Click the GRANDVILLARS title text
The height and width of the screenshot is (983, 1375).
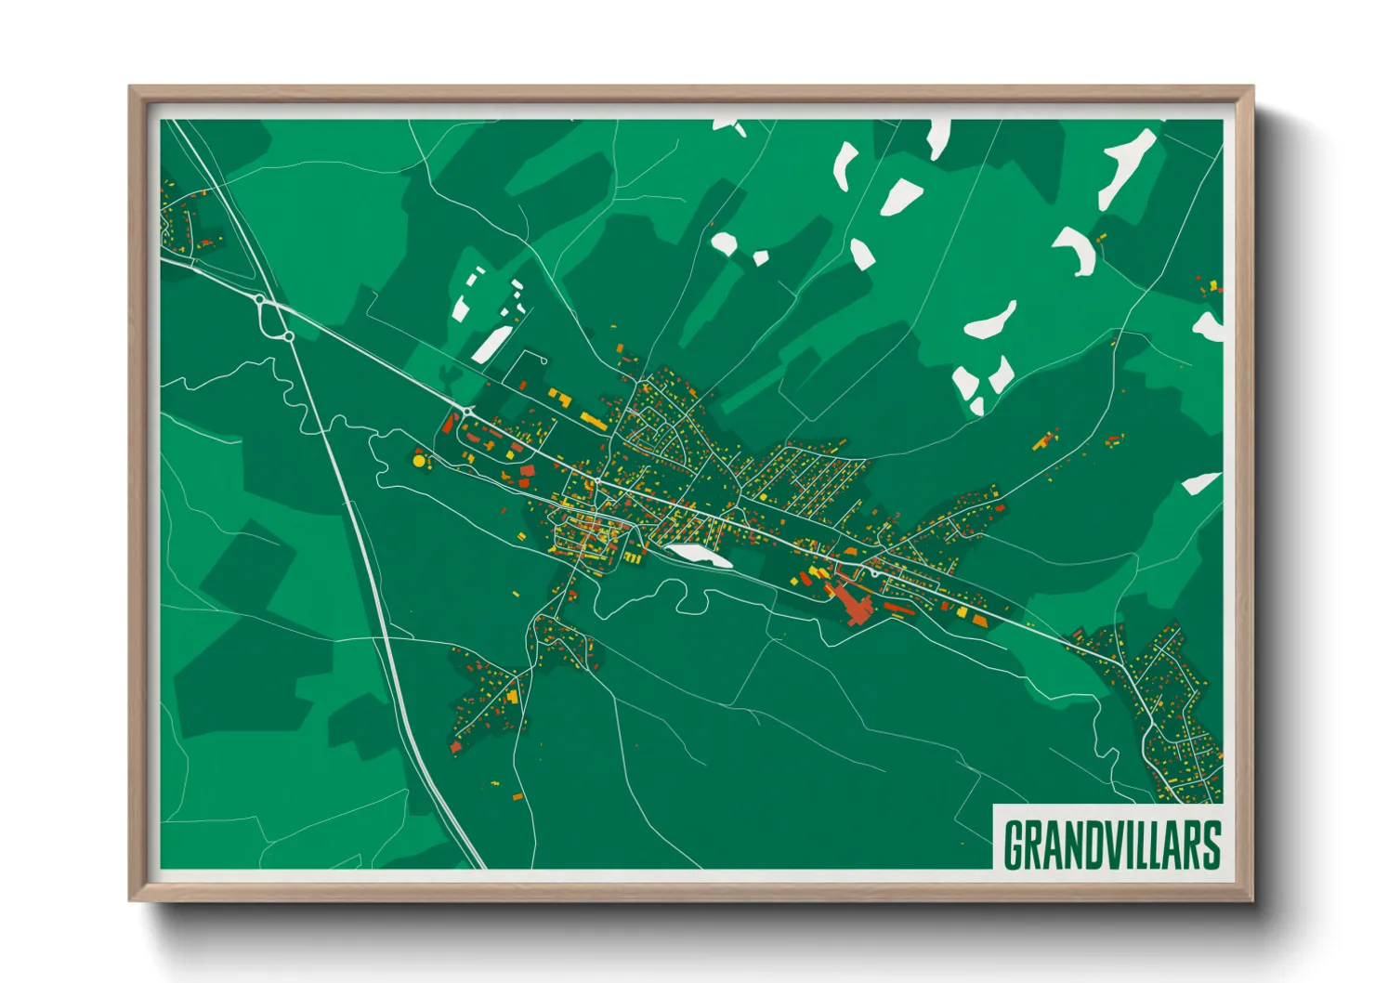(x=1111, y=844)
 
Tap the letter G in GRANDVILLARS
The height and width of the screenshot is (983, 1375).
(x=1014, y=844)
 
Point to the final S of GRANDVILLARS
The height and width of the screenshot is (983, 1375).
(x=1211, y=844)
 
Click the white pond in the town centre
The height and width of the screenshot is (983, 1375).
(x=698, y=555)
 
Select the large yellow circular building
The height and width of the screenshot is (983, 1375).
(x=419, y=459)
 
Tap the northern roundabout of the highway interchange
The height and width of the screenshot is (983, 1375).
(x=260, y=299)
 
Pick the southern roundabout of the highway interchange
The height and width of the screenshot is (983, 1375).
(x=290, y=336)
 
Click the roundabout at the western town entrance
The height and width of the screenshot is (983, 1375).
(x=466, y=411)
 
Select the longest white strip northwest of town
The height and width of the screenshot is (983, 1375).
(x=490, y=344)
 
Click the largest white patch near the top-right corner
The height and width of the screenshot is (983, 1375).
(x=1128, y=167)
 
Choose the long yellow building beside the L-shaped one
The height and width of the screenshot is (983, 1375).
(x=593, y=420)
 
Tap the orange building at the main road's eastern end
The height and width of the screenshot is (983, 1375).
(x=980, y=620)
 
